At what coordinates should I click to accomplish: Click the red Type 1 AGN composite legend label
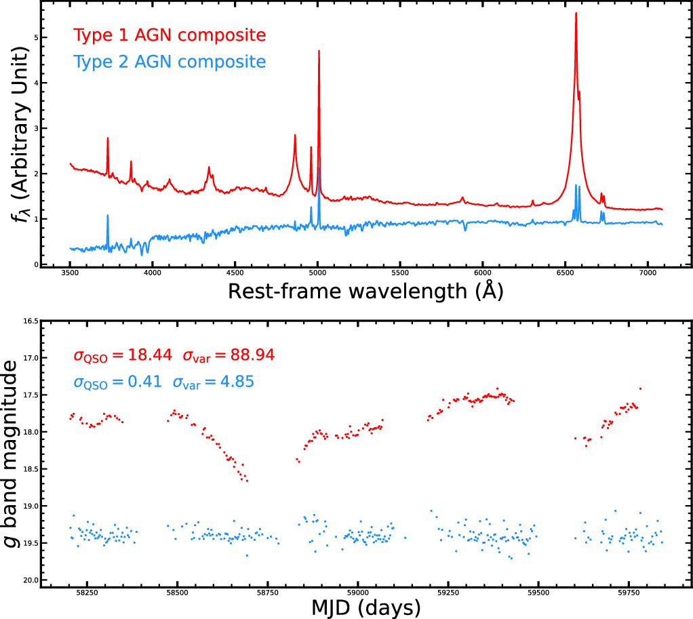169,35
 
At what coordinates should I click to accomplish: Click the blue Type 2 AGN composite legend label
169,62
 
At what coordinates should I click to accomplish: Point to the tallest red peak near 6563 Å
576,14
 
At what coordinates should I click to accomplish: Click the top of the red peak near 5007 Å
319,51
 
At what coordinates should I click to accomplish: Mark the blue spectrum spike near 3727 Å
108,216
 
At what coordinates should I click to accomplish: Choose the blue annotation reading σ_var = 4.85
213,382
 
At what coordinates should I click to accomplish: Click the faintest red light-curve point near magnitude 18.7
247,481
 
